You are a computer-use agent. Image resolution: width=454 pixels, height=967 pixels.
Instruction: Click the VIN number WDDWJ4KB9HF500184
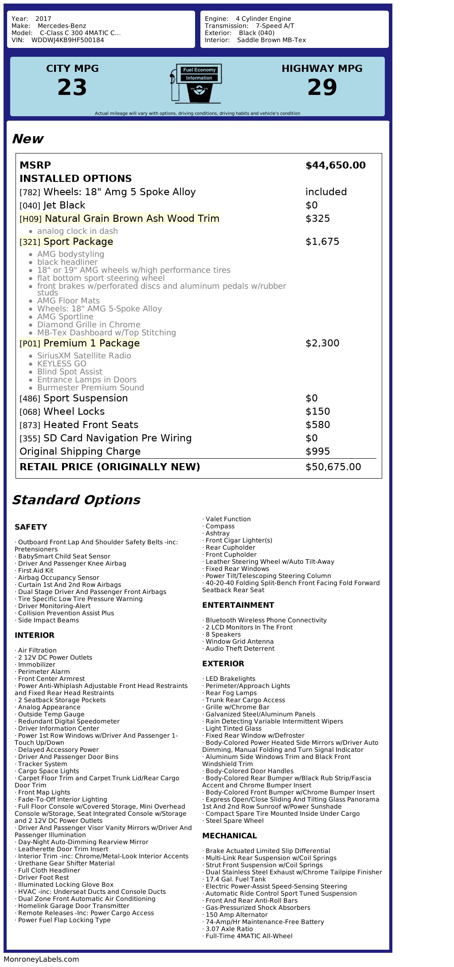[x=67, y=40]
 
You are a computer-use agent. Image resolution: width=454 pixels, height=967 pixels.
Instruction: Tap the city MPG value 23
[x=72, y=87]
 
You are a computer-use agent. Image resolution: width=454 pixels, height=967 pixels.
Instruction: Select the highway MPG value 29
[x=322, y=87]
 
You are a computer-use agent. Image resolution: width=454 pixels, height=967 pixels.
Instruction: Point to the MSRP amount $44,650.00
[x=335, y=165]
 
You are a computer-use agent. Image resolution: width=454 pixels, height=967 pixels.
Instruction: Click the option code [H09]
[x=30, y=219]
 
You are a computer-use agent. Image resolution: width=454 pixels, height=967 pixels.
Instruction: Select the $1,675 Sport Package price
[x=322, y=242]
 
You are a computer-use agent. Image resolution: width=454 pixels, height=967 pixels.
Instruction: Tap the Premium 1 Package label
[x=91, y=343]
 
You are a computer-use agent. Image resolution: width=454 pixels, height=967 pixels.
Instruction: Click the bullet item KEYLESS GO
[x=62, y=364]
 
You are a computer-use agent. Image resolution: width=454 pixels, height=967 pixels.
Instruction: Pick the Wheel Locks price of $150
[x=317, y=412]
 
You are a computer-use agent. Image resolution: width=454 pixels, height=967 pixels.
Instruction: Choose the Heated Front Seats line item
[x=90, y=425]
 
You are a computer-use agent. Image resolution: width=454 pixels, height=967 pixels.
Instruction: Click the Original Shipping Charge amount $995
[x=317, y=452]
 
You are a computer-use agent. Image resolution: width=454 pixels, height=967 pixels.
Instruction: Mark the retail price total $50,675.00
[x=333, y=467]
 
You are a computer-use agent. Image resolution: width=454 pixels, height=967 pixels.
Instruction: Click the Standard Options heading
[x=76, y=500]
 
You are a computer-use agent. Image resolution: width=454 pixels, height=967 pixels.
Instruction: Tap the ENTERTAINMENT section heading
[x=238, y=605]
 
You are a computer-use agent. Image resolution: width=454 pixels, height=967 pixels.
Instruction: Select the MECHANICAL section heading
[x=229, y=836]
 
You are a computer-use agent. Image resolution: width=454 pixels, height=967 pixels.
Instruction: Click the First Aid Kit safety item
[x=35, y=570]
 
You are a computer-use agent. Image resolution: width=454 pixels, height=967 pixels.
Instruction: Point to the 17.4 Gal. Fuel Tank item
[x=235, y=879]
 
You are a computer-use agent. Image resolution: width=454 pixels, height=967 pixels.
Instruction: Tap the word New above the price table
[x=27, y=139]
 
